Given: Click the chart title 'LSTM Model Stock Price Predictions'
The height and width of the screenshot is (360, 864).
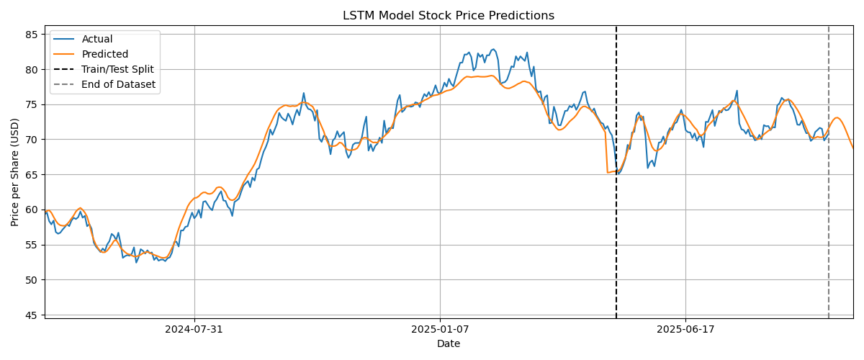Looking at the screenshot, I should click(x=449, y=16).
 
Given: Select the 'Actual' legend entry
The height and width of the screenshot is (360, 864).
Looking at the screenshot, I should click(x=97, y=39).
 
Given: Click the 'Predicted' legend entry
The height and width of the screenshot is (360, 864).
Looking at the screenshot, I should click(x=105, y=54).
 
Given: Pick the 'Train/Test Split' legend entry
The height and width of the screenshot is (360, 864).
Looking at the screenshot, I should click(x=117, y=69).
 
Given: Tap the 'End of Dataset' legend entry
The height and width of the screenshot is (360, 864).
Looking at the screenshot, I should click(x=118, y=84).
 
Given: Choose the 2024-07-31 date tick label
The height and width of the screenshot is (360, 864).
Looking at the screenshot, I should click(x=194, y=329).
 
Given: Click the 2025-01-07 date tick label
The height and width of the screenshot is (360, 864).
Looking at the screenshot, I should click(x=440, y=329).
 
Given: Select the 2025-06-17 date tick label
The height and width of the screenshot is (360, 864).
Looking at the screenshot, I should click(x=685, y=329).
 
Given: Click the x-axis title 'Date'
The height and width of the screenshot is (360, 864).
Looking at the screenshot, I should click(x=449, y=344).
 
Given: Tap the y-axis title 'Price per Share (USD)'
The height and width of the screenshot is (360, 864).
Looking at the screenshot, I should click(x=15, y=172).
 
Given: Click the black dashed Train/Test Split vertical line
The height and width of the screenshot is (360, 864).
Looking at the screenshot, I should click(x=616, y=216).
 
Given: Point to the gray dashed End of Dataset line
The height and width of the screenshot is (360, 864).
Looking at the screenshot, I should click(x=829, y=216).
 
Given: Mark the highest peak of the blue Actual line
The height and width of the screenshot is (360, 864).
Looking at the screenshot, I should click(x=493, y=49).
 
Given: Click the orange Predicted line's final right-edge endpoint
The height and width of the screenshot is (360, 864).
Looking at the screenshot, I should click(x=853, y=148).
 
